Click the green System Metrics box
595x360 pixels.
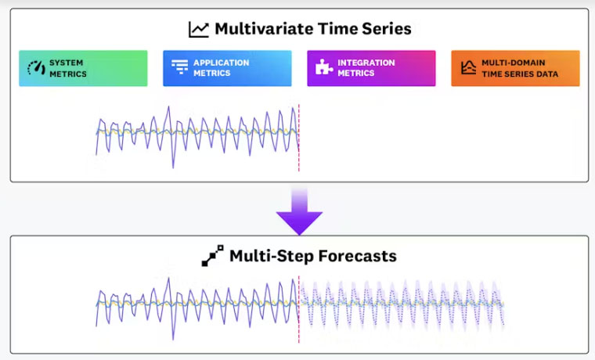coord(83,68)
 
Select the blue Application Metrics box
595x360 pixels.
coord(227,68)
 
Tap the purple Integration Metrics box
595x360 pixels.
coord(372,68)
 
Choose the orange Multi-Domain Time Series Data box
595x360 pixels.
coord(516,68)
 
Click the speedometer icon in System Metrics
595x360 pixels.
coord(37,68)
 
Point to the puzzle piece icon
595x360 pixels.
coord(323,67)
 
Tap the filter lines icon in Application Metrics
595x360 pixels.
coord(179,67)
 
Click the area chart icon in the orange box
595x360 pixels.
coord(469,67)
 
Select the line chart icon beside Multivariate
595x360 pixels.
coord(198,30)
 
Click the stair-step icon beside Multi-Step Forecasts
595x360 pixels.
coord(212,256)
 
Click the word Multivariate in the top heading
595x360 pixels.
coord(264,29)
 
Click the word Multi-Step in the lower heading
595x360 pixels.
coord(272,257)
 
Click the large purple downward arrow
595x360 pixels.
coord(299,211)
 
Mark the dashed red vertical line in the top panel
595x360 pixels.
coord(299,138)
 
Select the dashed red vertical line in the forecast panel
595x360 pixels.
coord(299,309)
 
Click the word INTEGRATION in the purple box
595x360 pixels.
coord(366,63)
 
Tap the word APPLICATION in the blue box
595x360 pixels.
coord(222,63)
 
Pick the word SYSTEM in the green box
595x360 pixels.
coord(66,63)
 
